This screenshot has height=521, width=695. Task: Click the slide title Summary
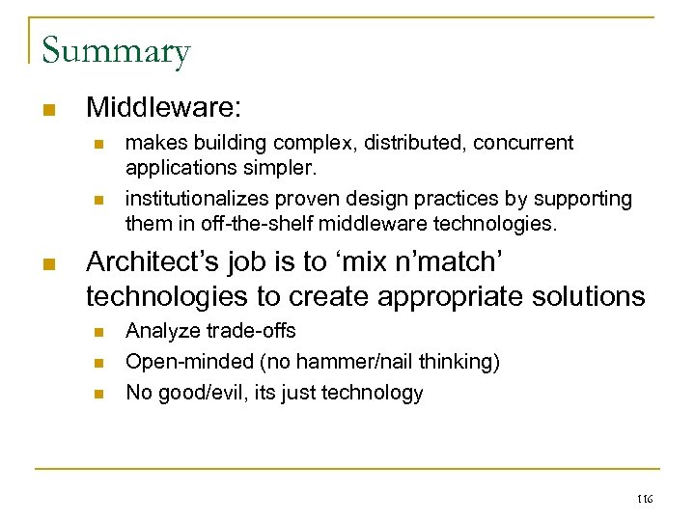116,50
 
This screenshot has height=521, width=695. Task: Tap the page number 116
645,499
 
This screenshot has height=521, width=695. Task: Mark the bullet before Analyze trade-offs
97,332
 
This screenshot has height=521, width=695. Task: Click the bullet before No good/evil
97,394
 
